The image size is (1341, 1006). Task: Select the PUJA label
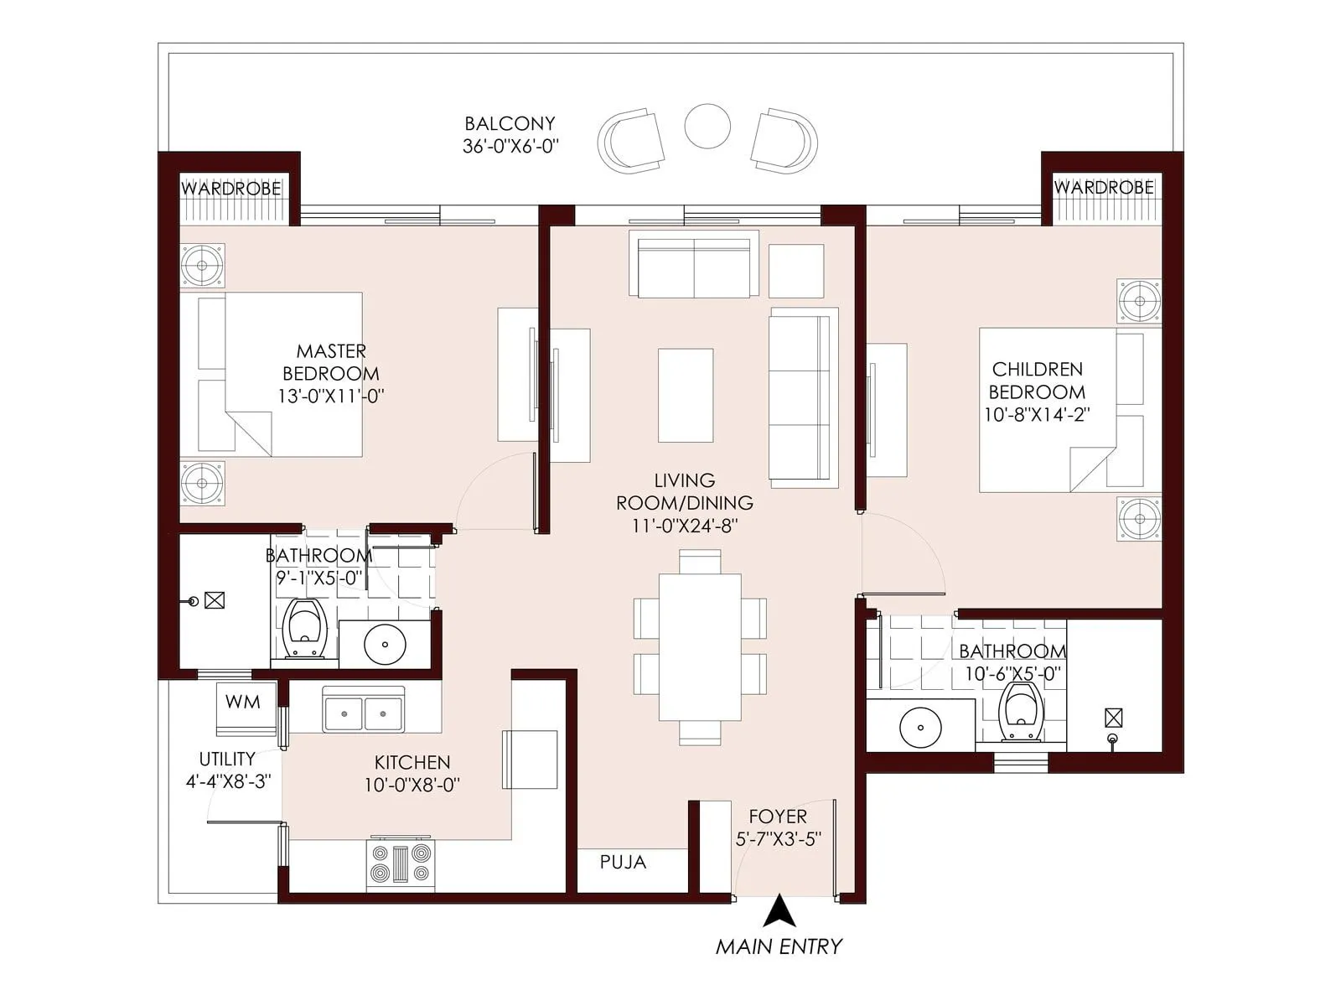point(623,862)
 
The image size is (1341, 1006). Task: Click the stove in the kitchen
point(401,864)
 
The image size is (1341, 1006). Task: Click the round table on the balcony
point(707,127)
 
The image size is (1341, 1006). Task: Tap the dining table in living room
point(700,646)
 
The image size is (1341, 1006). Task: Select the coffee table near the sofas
point(686,395)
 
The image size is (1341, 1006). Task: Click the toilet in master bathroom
point(303,630)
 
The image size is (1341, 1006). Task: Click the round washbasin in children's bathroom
point(920,728)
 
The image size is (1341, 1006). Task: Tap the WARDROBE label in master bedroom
point(231,189)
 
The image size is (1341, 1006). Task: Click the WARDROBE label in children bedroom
point(1103,187)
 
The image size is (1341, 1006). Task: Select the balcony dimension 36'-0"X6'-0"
point(510,146)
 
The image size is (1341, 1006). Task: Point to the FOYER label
point(778,817)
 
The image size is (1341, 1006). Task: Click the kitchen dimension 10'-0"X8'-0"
point(412,786)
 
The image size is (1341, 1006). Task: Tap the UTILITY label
point(227,759)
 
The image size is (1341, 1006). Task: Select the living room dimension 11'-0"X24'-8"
point(685,526)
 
